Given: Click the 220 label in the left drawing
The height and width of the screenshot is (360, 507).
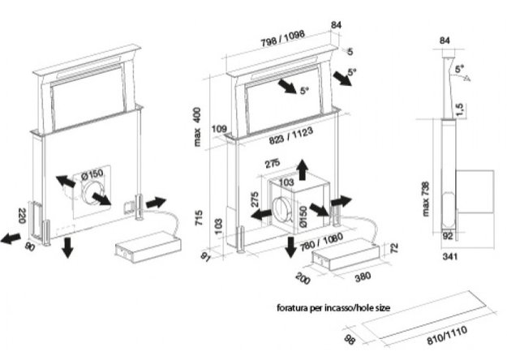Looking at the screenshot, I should pyautogui.click(x=19, y=215).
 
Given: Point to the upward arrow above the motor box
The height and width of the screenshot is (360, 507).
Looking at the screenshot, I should pyautogui.click(x=303, y=167).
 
